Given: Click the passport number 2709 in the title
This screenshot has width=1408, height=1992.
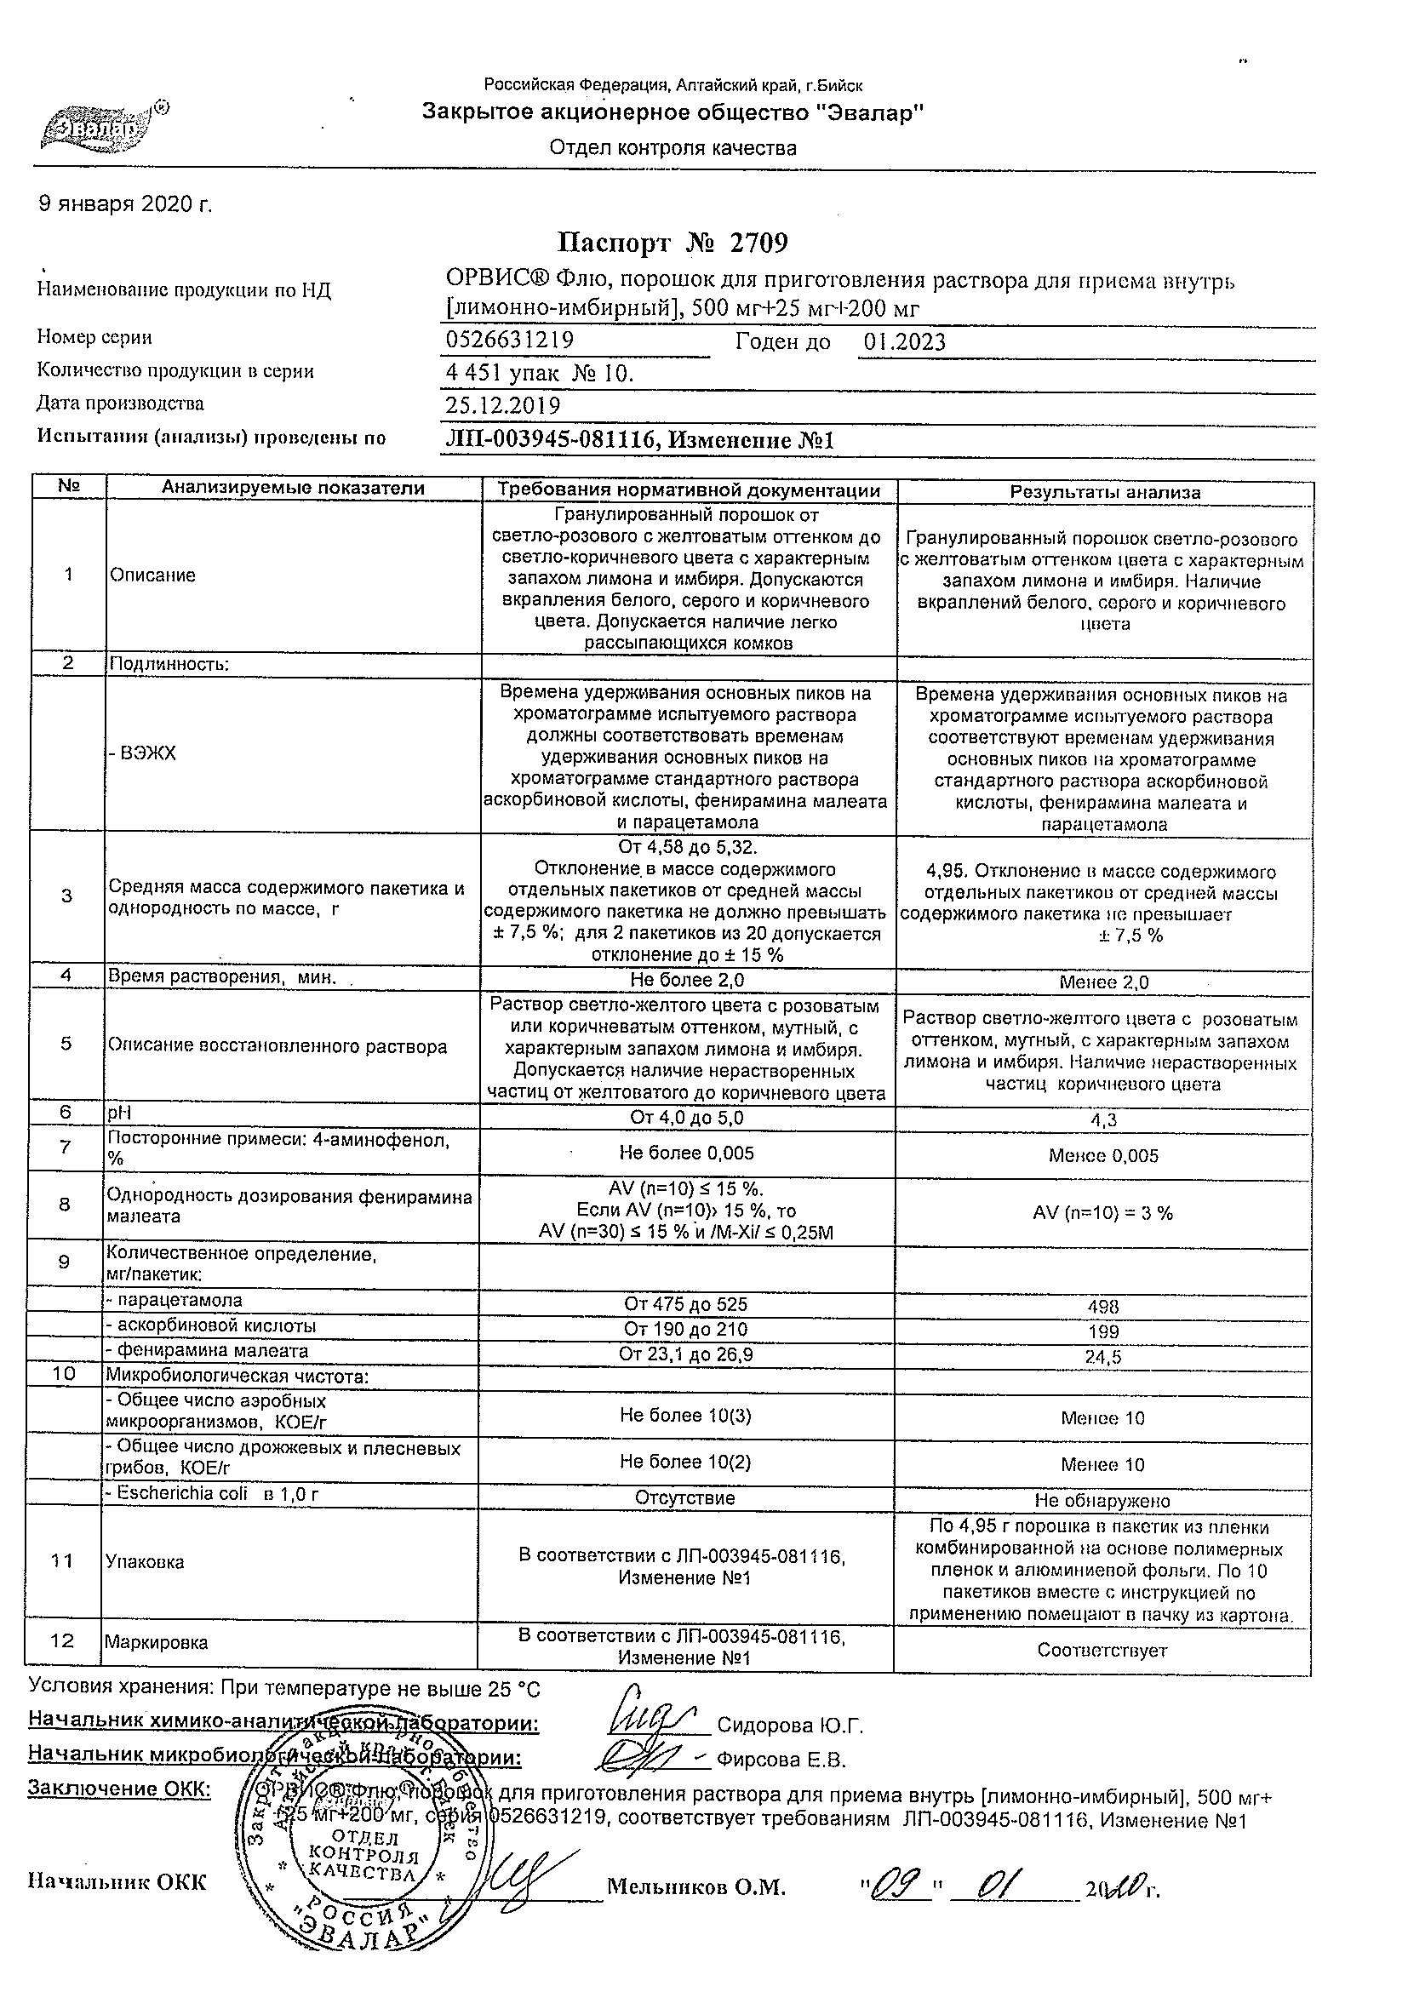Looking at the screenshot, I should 758,243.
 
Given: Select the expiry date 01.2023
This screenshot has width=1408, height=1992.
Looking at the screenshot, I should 904,342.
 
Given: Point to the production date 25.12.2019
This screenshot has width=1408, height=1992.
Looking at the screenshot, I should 502,405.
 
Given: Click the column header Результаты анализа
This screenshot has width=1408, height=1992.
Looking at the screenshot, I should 1104,492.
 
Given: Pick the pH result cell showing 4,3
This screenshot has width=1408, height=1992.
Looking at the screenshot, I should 1103,1120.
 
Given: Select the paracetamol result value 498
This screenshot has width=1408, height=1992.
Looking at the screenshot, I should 1102,1307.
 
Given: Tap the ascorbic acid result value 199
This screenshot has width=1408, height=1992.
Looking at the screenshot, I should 1102,1331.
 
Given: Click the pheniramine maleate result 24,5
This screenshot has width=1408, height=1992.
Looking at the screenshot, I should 1102,1357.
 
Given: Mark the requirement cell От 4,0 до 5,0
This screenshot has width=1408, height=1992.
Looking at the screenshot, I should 686,1118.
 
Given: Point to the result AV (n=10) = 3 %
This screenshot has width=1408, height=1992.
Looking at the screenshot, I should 1102,1213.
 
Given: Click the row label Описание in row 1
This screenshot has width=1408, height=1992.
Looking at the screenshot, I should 152,575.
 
